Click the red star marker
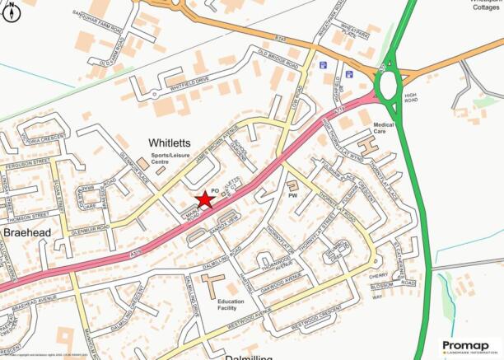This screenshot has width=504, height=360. pyautogui.click(x=203, y=199)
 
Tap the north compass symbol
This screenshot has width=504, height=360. pyautogui.click(x=10, y=13)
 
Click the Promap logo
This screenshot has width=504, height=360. pyautogui.click(x=471, y=348)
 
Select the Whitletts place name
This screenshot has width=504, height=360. pyautogui.click(x=170, y=143)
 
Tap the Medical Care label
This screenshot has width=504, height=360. pyautogui.click(x=385, y=128)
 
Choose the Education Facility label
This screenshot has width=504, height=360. pyautogui.click(x=231, y=306)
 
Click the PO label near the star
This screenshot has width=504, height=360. pyautogui.click(x=215, y=190)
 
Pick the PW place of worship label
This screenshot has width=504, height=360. pyautogui.click(x=292, y=195)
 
